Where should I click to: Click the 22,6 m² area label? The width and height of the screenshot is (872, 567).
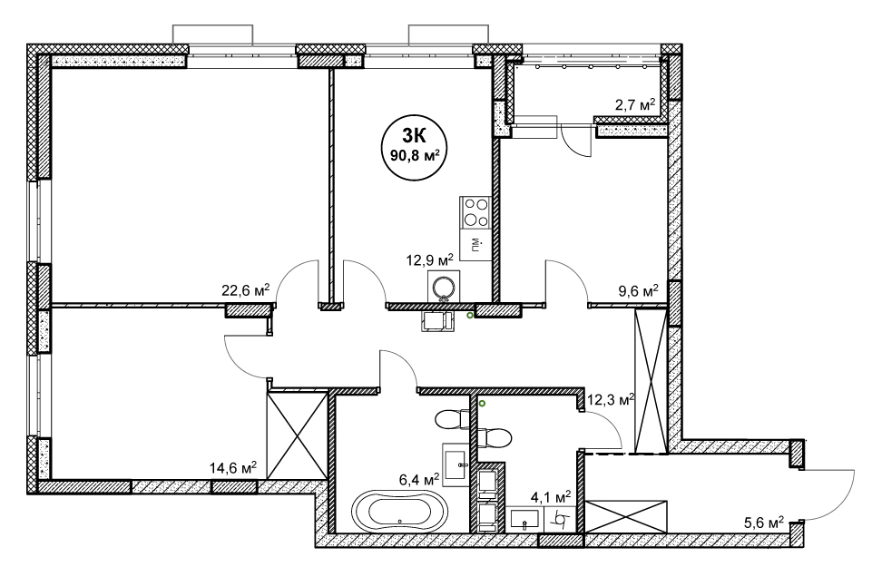coord(246,290)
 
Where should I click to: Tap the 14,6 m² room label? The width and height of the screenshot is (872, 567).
coord(233,468)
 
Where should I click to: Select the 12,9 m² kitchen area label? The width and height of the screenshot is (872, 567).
coord(430,259)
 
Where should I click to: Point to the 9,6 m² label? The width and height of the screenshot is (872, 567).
coord(639,290)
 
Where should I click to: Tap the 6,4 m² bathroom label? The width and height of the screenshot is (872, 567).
coord(420,479)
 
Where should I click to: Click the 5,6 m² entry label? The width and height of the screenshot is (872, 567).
coord(764,523)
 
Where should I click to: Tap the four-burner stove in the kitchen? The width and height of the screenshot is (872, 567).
coord(475,211)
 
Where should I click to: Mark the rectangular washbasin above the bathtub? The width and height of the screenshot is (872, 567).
coord(456,457)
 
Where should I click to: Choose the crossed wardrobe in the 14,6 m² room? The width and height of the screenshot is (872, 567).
coord(297,435)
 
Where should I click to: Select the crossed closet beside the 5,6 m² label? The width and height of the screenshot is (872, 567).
coord(625,517)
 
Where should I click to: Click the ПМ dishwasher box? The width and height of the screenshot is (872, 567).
coord(475,244)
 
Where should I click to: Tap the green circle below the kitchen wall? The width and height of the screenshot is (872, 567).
coord(470,316)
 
